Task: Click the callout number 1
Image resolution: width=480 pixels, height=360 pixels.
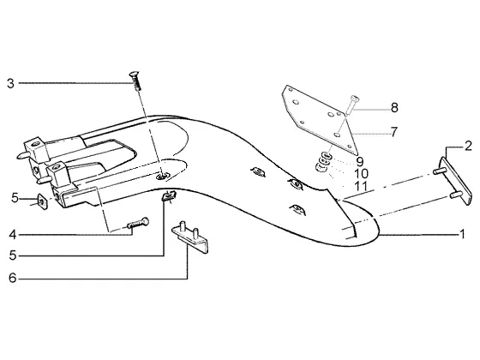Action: tap(462, 234)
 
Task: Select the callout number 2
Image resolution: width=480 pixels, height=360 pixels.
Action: tap(468, 146)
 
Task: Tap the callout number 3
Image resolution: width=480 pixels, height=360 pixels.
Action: tap(10, 83)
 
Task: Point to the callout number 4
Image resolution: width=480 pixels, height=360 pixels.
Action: tap(12, 235)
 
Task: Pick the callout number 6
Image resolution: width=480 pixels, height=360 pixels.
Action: tap(12, 278)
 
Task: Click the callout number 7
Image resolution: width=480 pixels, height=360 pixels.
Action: tap(393, 132)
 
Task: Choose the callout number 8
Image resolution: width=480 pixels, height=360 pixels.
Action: tap(394, 108)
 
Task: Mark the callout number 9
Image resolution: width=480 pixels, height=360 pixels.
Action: tap(360, 161)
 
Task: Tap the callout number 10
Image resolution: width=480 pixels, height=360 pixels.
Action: tap(361, 174)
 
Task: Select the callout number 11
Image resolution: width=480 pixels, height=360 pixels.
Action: tap(361, 187)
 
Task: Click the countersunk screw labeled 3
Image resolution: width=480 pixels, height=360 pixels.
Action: tap(135, 81)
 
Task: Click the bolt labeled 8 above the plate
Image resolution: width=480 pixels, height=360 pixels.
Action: tap(352, 103)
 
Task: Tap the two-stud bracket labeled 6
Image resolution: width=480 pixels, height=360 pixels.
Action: tap(190, 237)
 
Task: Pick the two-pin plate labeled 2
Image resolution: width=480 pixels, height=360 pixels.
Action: tap(454, 181)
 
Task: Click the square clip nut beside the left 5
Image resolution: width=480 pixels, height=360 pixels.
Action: tap(42, 201)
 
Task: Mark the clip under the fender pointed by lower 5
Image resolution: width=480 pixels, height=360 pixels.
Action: tap(169, 195)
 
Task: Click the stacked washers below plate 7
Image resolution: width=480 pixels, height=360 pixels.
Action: tap(323, 162)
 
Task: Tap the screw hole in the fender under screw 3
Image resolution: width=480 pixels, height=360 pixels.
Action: tap(162, 176)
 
